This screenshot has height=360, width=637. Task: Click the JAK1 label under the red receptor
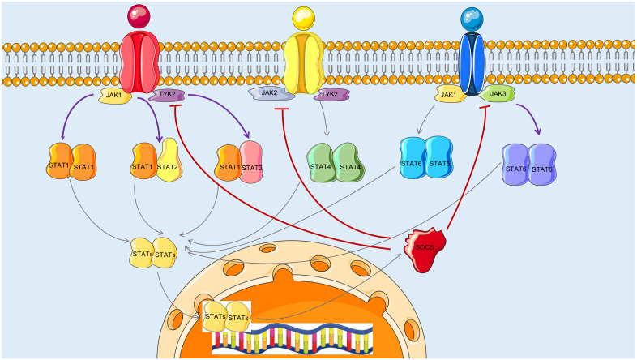tap(113, 96)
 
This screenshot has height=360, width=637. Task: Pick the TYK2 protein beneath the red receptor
tap(168, 96)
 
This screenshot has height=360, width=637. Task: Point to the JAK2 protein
tap(269, 94)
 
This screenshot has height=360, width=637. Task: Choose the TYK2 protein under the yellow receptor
tap(331, 95)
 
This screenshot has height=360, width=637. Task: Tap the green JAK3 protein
tap(496, 95)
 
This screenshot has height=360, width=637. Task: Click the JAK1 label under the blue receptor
tap(448, 95)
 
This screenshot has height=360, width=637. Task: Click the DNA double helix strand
tap(292, 339)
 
